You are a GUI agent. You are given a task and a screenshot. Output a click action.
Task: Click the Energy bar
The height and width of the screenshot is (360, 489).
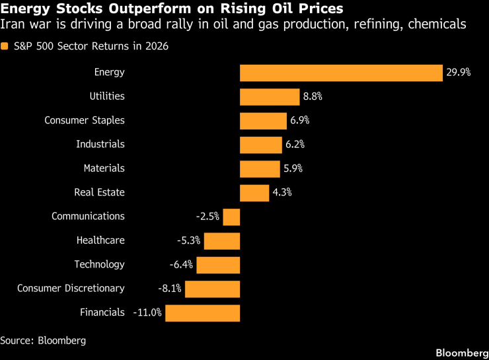(x=340, y=73)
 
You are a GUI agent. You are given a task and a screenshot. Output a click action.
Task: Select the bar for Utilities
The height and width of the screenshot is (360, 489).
(x=270, y=96)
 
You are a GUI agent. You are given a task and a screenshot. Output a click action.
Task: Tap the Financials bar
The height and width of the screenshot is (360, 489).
(x=202, y=312)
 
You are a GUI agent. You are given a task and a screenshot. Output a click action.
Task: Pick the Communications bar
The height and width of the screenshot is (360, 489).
(x=231, y=217)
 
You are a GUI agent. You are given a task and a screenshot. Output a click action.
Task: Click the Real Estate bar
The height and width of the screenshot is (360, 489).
(x=254, y=193)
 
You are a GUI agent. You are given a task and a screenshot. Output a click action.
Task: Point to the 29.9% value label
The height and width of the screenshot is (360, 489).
(x=458, y=73)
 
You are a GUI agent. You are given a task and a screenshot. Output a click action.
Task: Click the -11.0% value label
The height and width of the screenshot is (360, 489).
(x=147, y=312)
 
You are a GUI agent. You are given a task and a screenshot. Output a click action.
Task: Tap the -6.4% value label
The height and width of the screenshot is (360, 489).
(x=181, y=265)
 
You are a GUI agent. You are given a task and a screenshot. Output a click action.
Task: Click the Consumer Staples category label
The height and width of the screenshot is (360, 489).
(x=85, y=121)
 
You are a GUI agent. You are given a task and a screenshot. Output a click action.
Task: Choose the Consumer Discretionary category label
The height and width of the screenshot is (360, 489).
(x=71, y=289)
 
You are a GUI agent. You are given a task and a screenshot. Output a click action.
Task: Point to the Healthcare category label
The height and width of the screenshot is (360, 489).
(x=100, y=241)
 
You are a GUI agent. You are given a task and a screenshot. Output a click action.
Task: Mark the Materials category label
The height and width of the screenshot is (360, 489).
(x=104, y=168)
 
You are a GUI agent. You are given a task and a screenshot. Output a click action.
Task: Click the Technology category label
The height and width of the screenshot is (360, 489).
(x=99, y=265)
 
